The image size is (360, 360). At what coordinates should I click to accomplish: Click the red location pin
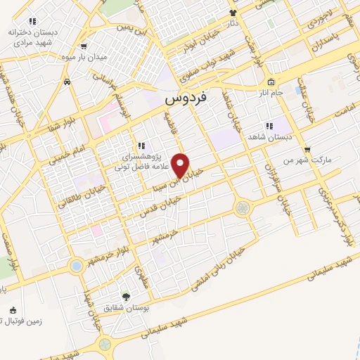pos(181,165)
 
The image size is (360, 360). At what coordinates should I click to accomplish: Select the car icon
pos(66,82)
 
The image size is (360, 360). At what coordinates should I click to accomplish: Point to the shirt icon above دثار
pos(233,13)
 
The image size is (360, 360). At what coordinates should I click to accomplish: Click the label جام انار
pos(269,93)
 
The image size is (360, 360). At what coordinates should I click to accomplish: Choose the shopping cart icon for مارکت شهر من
pos(307,149)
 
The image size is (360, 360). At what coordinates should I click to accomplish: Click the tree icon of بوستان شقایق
pos(127,296)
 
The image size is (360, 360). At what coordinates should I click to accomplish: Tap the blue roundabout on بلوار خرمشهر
pos(76,266)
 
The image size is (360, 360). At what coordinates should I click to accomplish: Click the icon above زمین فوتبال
pos(12,310)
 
